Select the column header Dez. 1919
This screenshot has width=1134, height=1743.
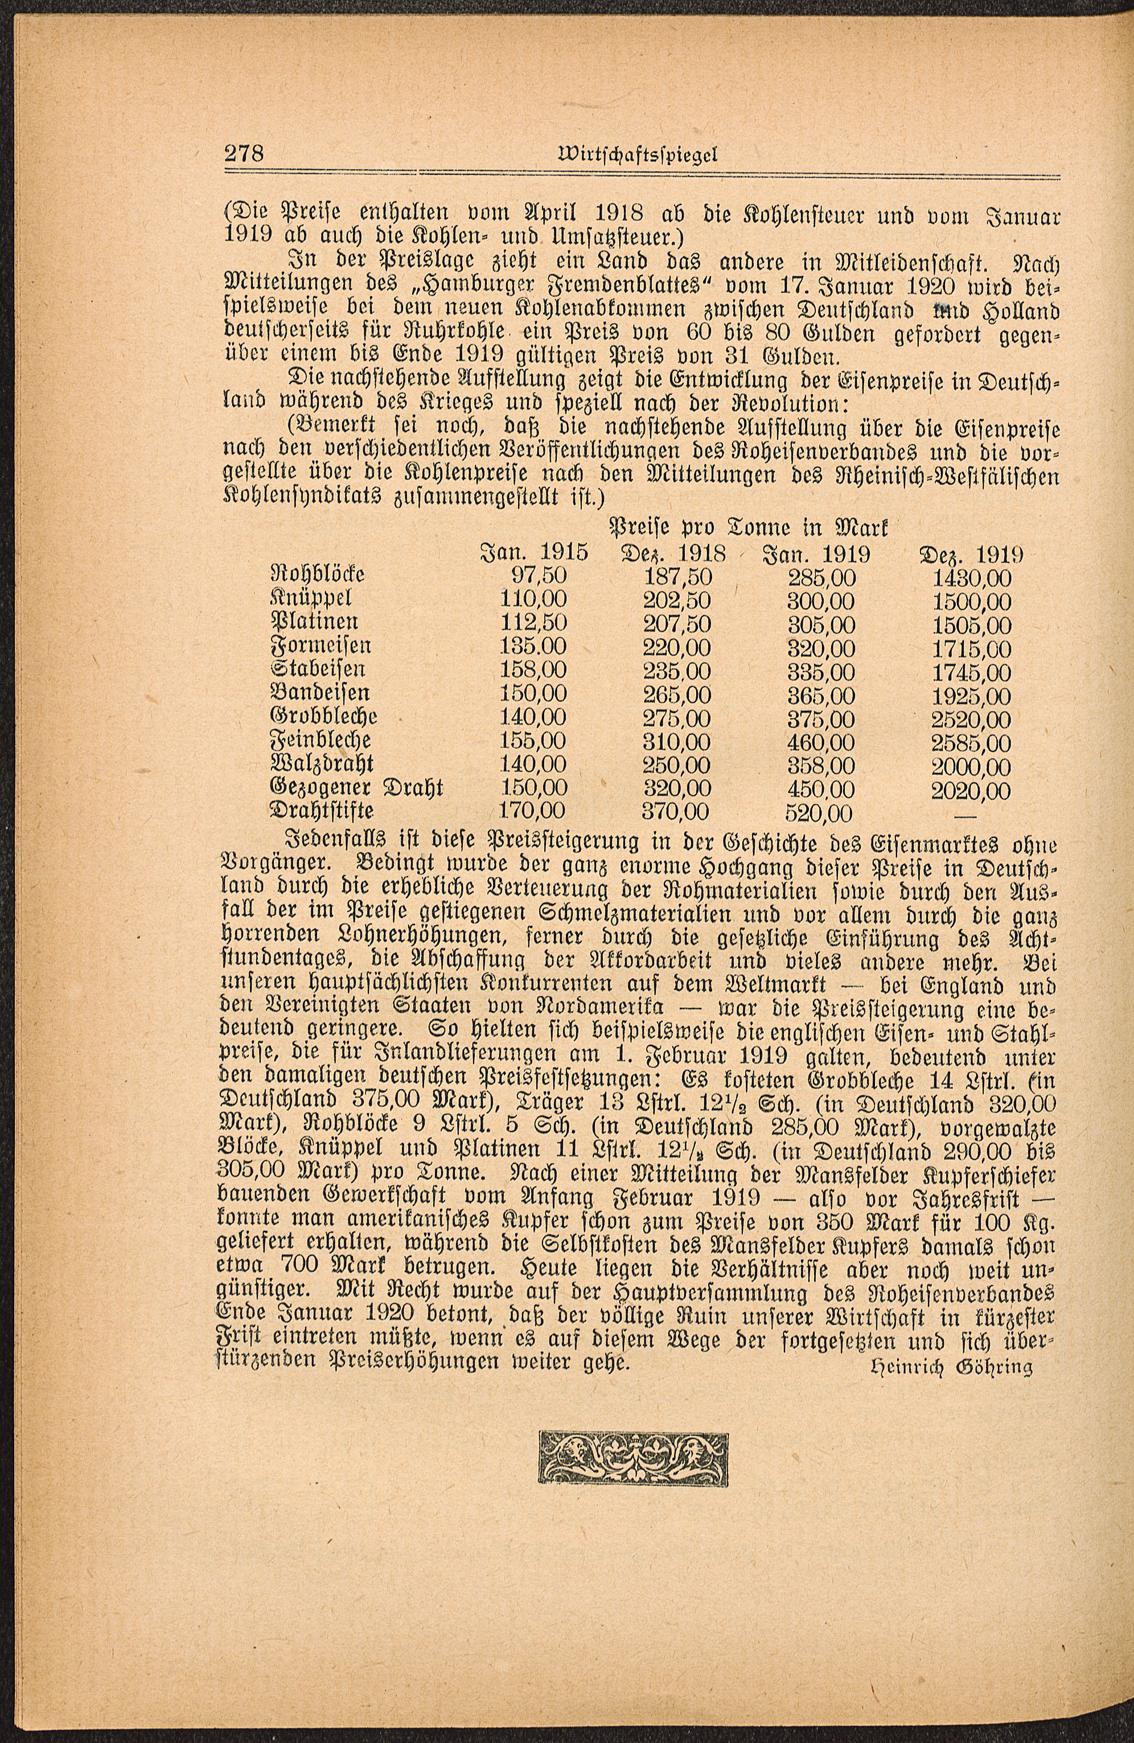(x=972, y=554)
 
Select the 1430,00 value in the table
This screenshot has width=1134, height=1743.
(x=972, y=579)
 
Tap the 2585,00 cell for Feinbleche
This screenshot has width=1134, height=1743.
(x=972, y=744)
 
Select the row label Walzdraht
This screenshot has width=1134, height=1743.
(x=322, y=763)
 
